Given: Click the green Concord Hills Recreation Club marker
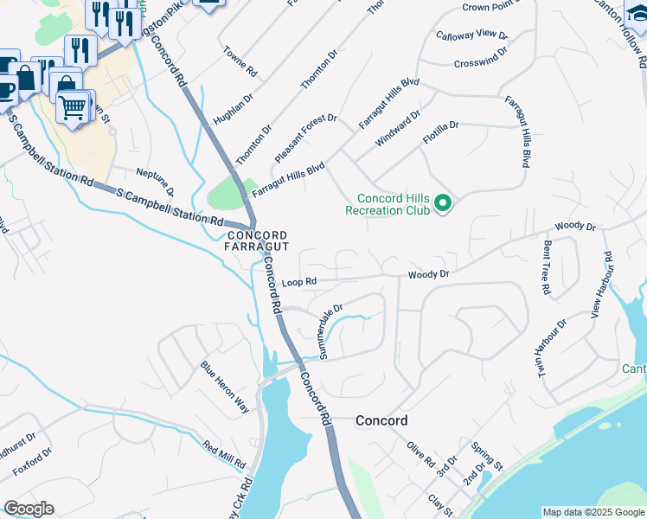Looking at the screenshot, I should tap(443, 204).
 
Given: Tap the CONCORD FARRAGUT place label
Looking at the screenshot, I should tap(257, 241).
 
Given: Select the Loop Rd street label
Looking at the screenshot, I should tap(299, 282).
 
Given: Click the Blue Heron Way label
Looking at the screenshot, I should tap(225, 385).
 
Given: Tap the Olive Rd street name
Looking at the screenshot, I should tap(420, 453).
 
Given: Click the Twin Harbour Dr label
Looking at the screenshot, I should tap(550, 348).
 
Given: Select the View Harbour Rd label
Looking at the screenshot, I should tap(601, 285).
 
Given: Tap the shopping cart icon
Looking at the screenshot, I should tap(73, 106).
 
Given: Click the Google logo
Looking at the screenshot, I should tap(29, 509).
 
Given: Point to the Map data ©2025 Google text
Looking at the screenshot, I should tap(593, 512).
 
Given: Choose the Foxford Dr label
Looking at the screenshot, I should tap(32, 462).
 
